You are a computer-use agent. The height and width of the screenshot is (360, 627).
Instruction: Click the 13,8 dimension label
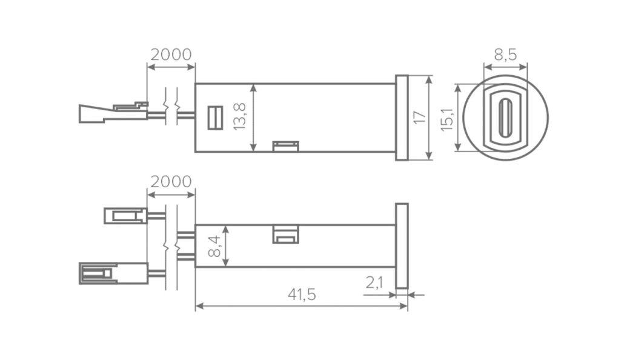[240, 116]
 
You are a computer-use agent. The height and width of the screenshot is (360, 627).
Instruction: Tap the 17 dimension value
[419, 117]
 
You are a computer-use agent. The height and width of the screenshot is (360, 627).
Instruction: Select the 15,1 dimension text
[447, 118]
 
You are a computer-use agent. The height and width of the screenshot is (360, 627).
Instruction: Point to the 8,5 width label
[505, 55]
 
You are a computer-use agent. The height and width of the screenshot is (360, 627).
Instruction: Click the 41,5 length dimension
[302, 295]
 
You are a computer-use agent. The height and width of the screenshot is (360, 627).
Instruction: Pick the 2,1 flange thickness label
[374, 282]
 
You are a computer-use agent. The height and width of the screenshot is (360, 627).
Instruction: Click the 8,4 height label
[214, 246]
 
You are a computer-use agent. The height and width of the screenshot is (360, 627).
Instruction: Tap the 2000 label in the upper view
[171, 55]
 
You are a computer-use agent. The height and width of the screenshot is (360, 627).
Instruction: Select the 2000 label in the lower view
[171, 182]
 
